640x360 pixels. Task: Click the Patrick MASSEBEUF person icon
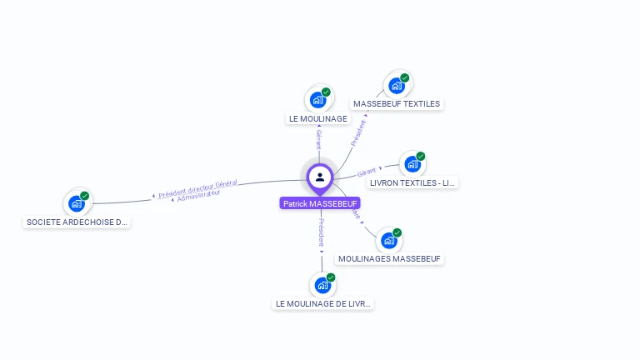320,177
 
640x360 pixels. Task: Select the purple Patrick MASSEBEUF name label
320,203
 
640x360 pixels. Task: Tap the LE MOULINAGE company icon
317,100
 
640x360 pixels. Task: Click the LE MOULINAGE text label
317,119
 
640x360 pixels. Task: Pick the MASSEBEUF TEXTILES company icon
396,85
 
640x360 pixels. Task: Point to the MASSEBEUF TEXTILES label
397,104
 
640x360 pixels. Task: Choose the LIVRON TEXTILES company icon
412,164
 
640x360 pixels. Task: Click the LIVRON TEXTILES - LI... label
413,182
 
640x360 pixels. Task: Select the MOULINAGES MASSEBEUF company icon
388,241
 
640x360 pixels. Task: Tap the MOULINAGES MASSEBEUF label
389,259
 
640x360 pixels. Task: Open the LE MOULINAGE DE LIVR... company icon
322,286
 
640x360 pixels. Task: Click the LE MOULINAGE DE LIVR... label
323,304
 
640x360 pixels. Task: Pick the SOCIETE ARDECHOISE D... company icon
77,203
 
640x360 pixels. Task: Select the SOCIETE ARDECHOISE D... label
77,222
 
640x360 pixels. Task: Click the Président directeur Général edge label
198,188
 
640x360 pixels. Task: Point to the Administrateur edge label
198,197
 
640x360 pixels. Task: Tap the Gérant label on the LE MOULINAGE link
318,138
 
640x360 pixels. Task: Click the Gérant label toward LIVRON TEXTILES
367,172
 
